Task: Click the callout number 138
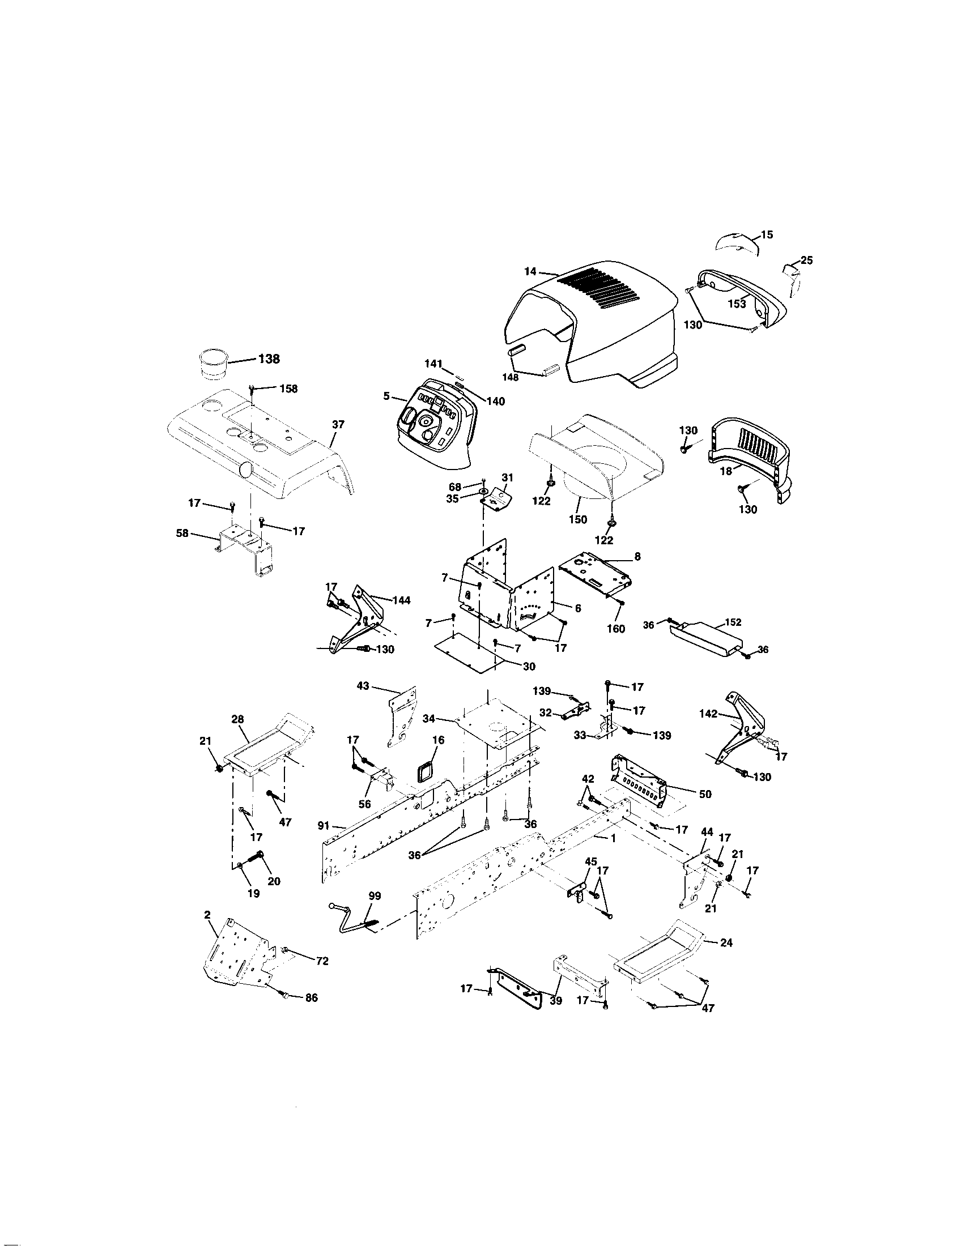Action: pyautogui.click(x=269, y=359)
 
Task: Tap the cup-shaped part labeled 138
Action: pyautogui.click(x=213, y=364)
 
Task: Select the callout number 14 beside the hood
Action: pyautogui.click(x=530, y=271)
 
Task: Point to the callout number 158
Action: pyautogui.click(x=288, y=389)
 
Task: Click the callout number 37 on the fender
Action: pyautogui.click(x=338, y=424)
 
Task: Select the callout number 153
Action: pyautogui.click(x=737, y=304)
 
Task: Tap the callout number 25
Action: pyautogui.click(x=806, y=261)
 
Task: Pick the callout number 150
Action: pyautogui.click(x=577, y=520)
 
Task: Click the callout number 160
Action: pyautogui.click(x=616, y=629)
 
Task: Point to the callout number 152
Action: pyautogui.click(x=733, y=622)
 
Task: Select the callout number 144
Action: pyautogui.click(x=401, y=600)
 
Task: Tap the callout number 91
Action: pyautogui.click(x=324, y=826)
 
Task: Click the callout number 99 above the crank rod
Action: pyautogui.click(x=374, y=897)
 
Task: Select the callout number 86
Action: pyautogui.click(x=311, y=998)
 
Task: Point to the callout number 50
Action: pyautogui.click(x=705, y=794)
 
